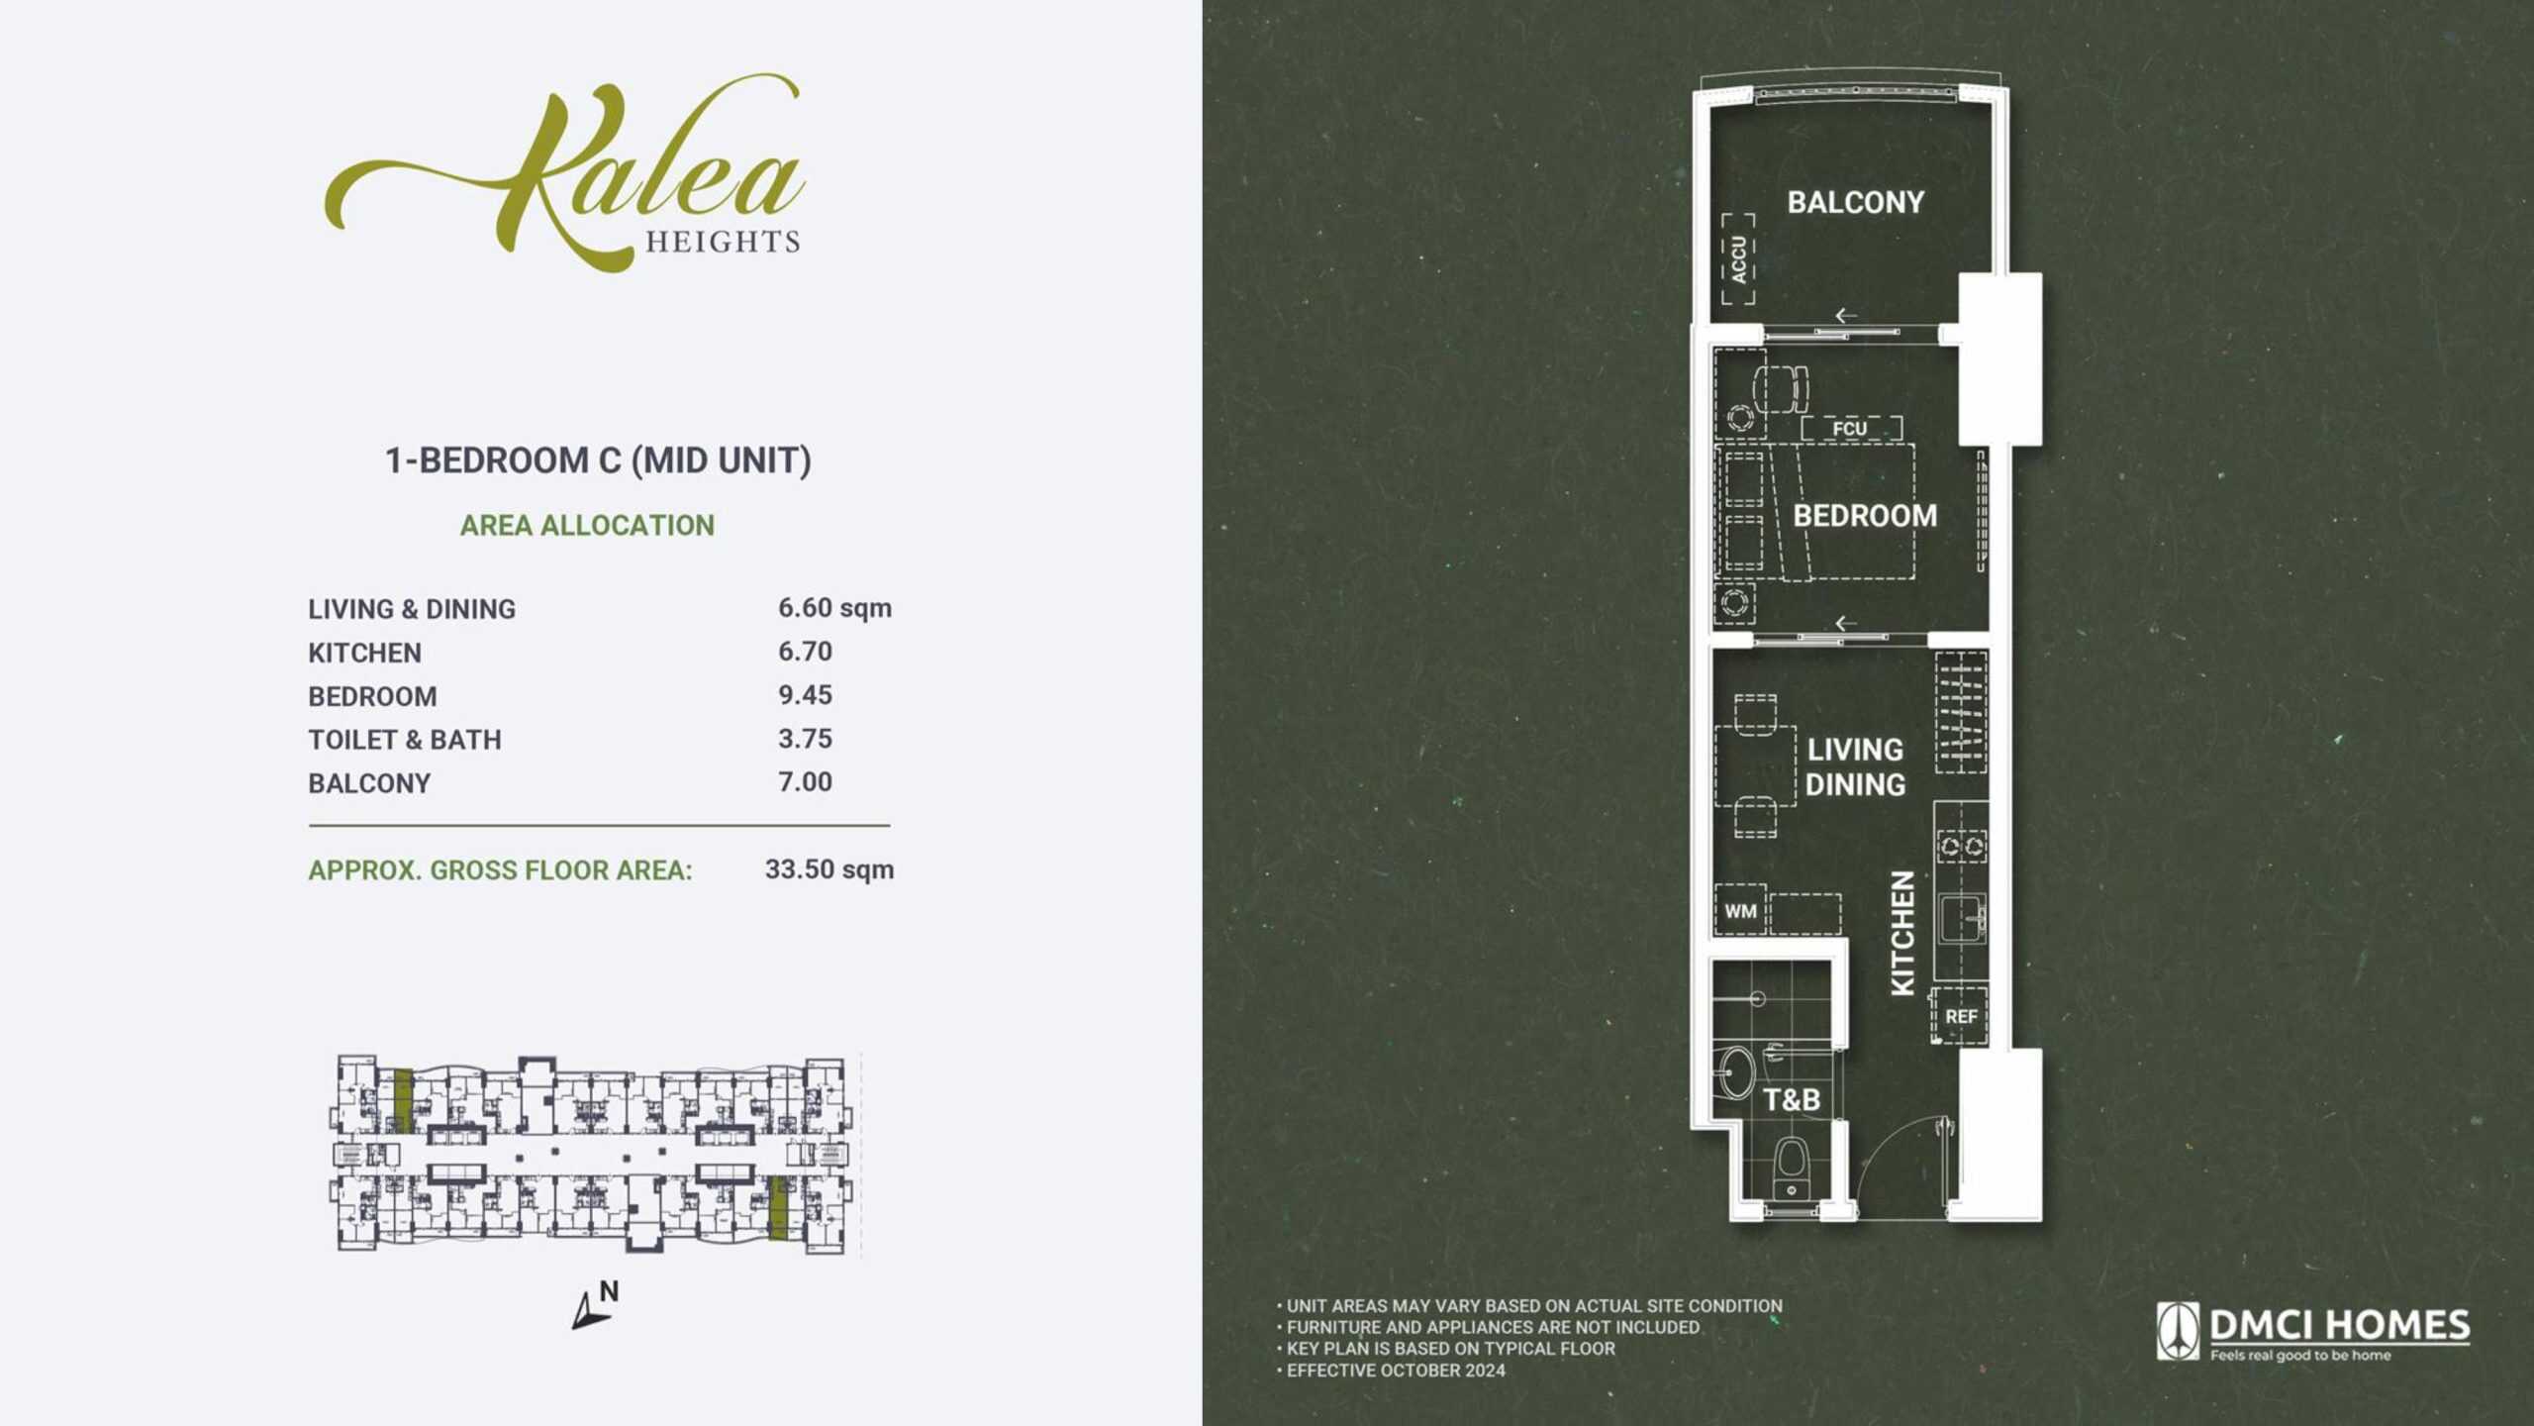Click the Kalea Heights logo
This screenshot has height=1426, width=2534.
(564, 173)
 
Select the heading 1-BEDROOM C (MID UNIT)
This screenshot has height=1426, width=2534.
(598, 460)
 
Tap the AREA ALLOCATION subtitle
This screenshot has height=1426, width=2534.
(587, 525)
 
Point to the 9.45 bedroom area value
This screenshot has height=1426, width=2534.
(805, 695)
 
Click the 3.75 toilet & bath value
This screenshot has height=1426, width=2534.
(805, 739)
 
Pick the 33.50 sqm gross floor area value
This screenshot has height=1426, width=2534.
(829, 869)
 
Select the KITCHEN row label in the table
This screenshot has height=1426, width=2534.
(364, 653)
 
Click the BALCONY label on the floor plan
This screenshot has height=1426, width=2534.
(1856, 202)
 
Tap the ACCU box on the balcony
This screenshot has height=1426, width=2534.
(1738, 258)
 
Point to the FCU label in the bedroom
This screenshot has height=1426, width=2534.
(1850, 429)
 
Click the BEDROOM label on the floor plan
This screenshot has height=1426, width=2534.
(1865, 516)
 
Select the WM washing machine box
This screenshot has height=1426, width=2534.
(1740, 910)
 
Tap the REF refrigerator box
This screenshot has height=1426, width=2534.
(1960, 1016)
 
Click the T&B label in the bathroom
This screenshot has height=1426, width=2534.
(1792, 1100)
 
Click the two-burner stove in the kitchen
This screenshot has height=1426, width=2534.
(1962, 846)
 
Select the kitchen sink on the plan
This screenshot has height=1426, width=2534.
(1962, 919)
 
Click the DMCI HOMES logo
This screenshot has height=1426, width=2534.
(2313, 1332)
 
